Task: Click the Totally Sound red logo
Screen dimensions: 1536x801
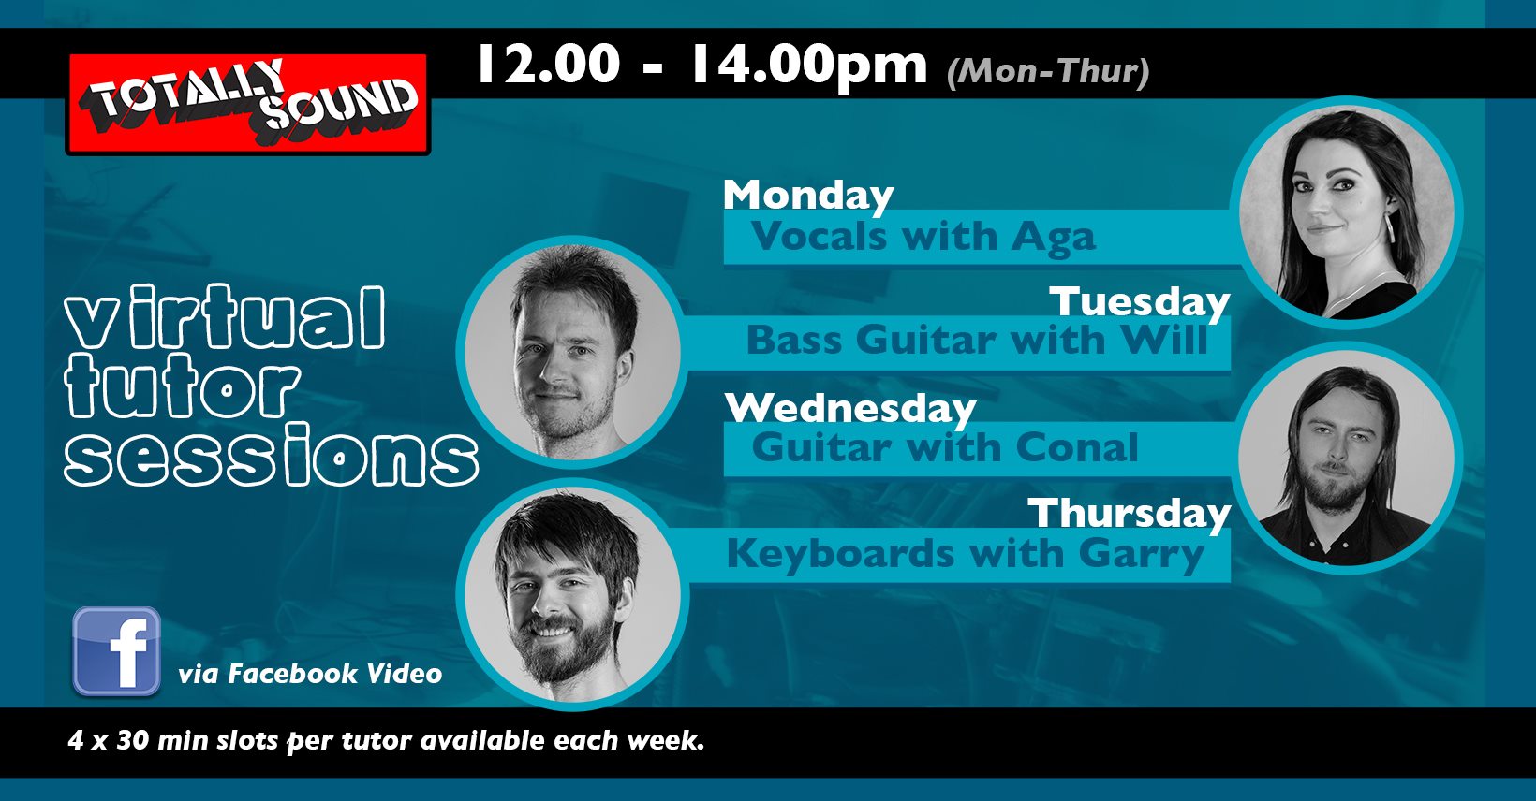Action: pos(247,104)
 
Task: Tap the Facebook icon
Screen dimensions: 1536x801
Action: pos(116,651)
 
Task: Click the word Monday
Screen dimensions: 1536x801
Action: pos(808,197)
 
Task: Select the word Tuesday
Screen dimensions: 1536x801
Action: pos(1140,302)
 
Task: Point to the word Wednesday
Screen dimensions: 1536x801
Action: pos(850,409)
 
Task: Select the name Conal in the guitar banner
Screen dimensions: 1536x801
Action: pos(1076,448)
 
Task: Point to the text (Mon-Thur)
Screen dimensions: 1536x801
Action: pos(1048,72)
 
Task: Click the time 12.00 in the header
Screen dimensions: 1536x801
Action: pos(549,64)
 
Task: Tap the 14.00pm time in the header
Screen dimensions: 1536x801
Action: pos(808,66)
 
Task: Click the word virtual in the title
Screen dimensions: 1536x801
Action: pos(224,316)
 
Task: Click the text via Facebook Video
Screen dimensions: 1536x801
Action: pos(310,674)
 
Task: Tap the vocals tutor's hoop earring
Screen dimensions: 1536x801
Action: pos(1391,228)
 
